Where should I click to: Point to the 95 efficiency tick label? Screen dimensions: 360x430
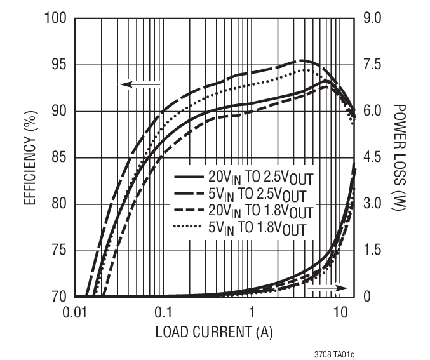pos(56,65)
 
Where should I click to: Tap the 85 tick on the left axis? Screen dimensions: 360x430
pos(56,157)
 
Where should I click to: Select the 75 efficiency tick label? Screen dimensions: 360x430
pos(56,250)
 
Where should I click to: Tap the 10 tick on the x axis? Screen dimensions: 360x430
pos(340,312)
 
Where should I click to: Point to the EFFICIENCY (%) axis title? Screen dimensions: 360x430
pos(29,158)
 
